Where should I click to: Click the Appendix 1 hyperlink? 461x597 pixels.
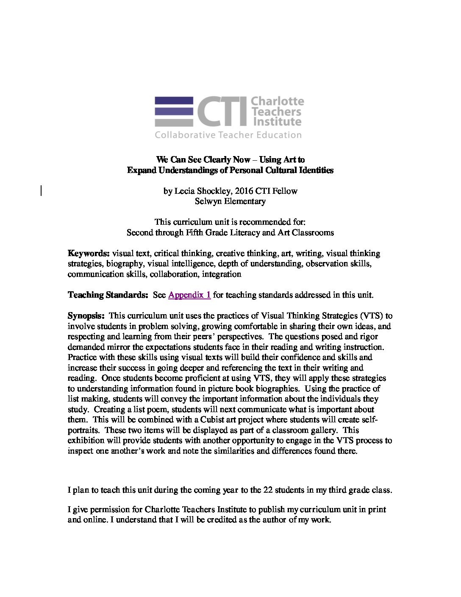point(189,295)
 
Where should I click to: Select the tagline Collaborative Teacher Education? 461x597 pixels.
point(228,135)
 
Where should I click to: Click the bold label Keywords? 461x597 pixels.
point(89,254)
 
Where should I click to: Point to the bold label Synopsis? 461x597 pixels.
point(86,316)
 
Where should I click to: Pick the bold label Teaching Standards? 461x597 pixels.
point(108,295)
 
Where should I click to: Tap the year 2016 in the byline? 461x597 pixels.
point(244,191)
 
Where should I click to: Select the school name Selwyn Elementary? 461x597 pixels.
point(230,201)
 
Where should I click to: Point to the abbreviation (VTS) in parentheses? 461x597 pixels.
point(371,316)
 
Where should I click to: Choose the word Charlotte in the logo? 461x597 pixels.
point(278,101)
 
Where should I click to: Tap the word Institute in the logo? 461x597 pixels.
point(277,122)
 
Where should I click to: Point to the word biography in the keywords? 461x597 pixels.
point(125,264)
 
